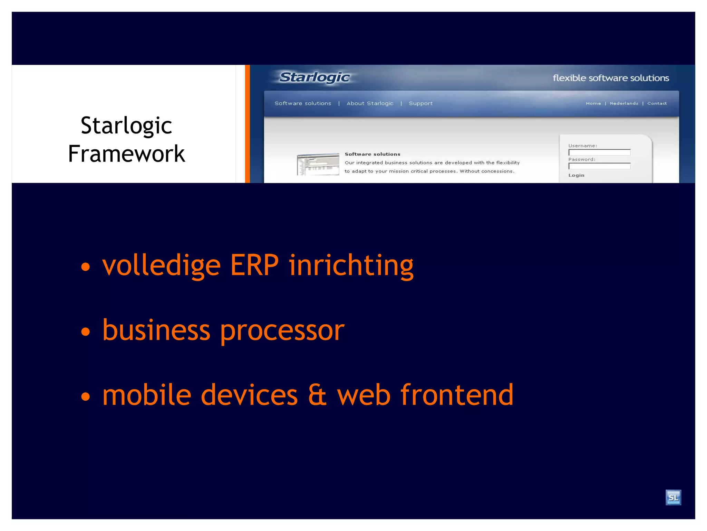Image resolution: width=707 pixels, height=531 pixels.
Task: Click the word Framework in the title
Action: pos(126,154)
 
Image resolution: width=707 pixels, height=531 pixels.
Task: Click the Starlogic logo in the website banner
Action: pos(314,77)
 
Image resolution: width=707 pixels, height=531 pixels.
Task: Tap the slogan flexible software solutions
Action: pos(611,78)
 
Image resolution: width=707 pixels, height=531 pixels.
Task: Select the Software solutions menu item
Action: pos(303,103)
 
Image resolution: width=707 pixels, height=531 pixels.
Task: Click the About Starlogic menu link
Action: pos(370,103)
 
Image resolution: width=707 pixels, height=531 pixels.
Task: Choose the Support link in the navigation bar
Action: pos(420,103)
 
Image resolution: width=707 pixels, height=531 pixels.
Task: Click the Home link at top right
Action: pos(593,103)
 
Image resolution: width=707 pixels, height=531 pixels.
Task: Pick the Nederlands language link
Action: pos(624,103)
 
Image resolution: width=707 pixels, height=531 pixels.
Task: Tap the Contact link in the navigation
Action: pos(657,103)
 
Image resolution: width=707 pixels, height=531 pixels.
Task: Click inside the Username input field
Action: pos(599,152)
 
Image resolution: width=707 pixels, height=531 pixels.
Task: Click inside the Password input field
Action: pos(599,166)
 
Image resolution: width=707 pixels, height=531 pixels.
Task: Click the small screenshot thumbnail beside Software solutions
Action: pos(318,164)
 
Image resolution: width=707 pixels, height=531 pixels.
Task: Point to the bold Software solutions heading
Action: pos(372,154)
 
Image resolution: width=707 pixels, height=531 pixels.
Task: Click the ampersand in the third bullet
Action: pos(317,395)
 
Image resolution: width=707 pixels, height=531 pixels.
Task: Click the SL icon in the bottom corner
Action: pos(673,497)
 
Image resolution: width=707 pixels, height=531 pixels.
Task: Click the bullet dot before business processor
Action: pos(85,332)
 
